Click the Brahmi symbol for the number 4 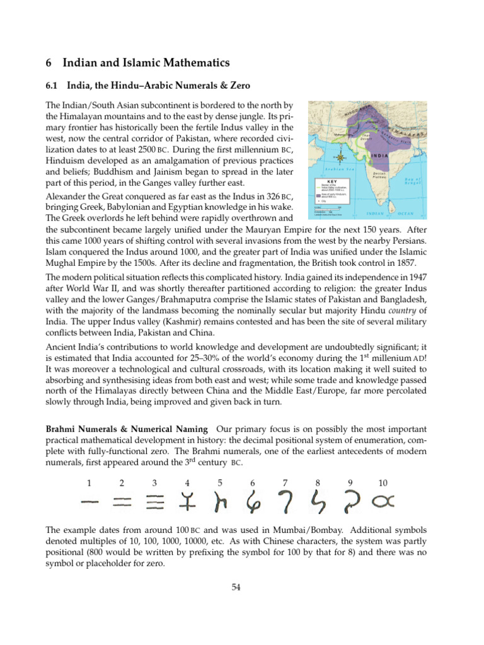pyautogui.click(x=187, y=501)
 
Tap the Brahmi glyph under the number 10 pyautogui.click(x=383, y=501)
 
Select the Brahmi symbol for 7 pyautogui.click(x=285, y=501)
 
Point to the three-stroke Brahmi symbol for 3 pyautogui.click(x=154, y=501)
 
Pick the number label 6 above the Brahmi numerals pyautogui.click(x=252, y=483)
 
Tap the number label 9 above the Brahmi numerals pyautogui.click(x=350, y=483)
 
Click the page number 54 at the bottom pyautogui.click(x=237, y=587)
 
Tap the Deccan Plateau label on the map pyautogui.click(x=379, y=173)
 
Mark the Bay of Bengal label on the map pyautogui.click(x=416, y=181)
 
